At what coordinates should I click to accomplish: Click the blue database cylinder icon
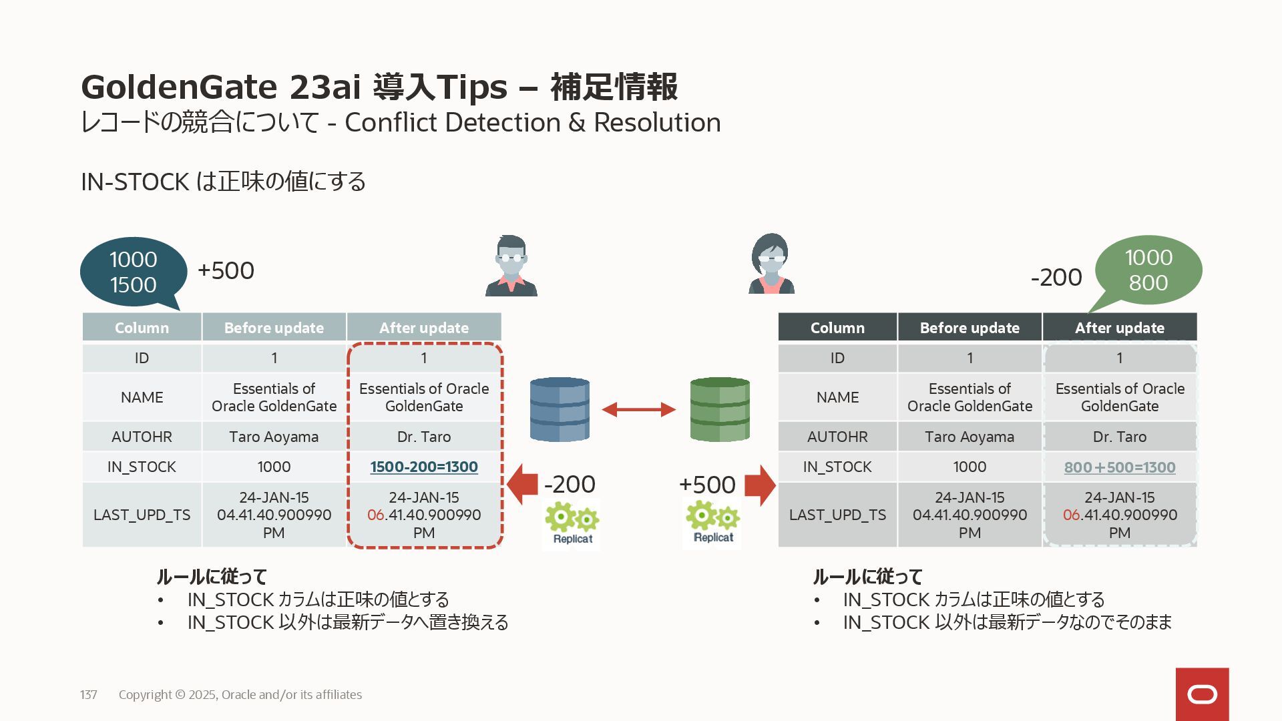[560, 409]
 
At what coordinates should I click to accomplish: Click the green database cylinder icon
[719, 409]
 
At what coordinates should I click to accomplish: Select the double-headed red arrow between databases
[638, 409]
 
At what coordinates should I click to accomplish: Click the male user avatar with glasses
[511, 266]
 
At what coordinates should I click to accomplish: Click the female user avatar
[771, 264]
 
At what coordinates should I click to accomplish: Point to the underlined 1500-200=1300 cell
[424, 467]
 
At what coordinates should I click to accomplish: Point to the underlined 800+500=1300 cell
[1120, 467]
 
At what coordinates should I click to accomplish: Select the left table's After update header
[424, 328]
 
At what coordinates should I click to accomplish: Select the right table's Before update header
[970, 328]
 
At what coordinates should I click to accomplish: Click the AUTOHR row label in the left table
[142, 437]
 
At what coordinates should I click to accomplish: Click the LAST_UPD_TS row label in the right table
[837, 515]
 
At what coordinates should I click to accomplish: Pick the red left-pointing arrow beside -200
[522, 484]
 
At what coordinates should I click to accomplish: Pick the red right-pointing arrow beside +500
[760, 485]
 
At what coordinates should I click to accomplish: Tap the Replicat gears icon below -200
[572, 524]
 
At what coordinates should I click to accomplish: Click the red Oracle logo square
[1202, 694]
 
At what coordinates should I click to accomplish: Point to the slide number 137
[88, 694]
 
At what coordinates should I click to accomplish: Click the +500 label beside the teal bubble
[226, 270]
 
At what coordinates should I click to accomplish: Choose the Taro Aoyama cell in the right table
[970, 437]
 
